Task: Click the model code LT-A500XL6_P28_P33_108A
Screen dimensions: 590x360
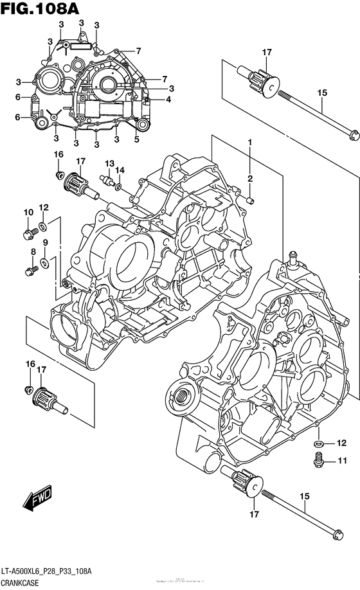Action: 49,571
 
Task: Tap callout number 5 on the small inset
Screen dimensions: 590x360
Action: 137,138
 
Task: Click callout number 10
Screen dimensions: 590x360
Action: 28,213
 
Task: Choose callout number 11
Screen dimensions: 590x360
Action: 341,460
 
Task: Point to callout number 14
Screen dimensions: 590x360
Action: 120,170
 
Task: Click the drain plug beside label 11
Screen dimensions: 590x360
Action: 317,459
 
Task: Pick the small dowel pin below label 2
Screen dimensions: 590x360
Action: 251,199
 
